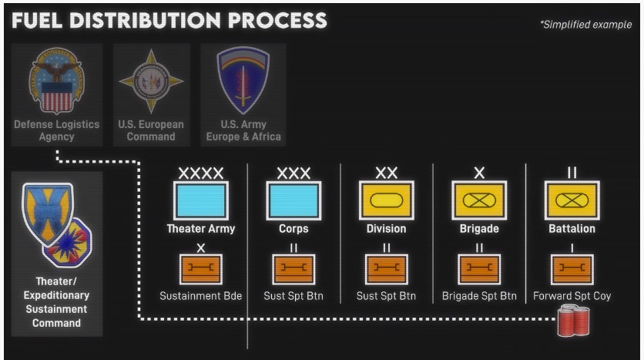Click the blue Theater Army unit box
pyautogui.click(x=200, y=201)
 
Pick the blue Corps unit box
pyautogui.click(x=293, y=201)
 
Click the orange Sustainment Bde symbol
pyautogui.click(x=200, y=269)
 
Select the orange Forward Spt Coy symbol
pyautogui.click(x=571, y=269)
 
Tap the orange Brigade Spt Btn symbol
pyautogui.click(x=478, y=269)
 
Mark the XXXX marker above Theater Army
pyautogui.click(x=200, y=173)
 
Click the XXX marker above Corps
pyautogui.click(x=293, y=173)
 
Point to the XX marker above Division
pyautogui.click(x=386, y=173)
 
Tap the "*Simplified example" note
pyautogui.click(x=586, y=25)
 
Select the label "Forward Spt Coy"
pyautogui.click(x=571, y=295)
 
